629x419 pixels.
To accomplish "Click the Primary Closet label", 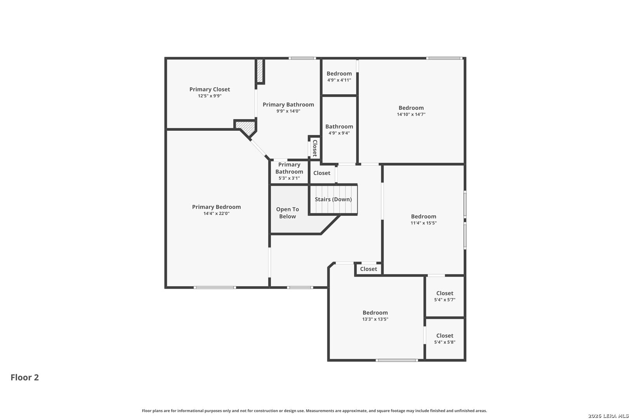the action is pos(210,89).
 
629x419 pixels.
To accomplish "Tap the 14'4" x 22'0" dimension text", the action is pos(217,213).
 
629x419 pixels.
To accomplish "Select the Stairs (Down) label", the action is pos(333,199).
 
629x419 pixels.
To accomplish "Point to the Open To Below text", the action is pos(287,213).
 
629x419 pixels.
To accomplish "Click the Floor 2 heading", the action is pos(25,377).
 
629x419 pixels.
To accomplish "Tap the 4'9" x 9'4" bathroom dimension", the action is pos(339,133).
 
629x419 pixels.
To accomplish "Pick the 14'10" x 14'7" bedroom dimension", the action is pos(411,114).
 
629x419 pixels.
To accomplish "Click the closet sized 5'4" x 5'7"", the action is pos(445,296).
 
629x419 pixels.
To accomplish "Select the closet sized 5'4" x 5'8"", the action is pos(445,339).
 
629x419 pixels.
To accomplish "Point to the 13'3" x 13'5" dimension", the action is pos(375,319).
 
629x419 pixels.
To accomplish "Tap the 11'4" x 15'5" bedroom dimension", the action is pos(424,223).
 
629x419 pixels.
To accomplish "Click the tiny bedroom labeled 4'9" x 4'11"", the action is pos(339,77).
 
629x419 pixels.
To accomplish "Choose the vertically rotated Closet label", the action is pos(315,148).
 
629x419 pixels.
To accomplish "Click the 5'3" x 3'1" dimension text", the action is pos(289,178).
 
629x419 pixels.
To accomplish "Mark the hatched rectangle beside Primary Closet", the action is pos(260,71).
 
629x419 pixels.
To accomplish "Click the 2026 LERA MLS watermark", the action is pos(608,416).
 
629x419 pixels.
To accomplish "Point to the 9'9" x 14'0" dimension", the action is pos(288,111).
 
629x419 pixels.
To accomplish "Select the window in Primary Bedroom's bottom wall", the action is pos(215,287).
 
